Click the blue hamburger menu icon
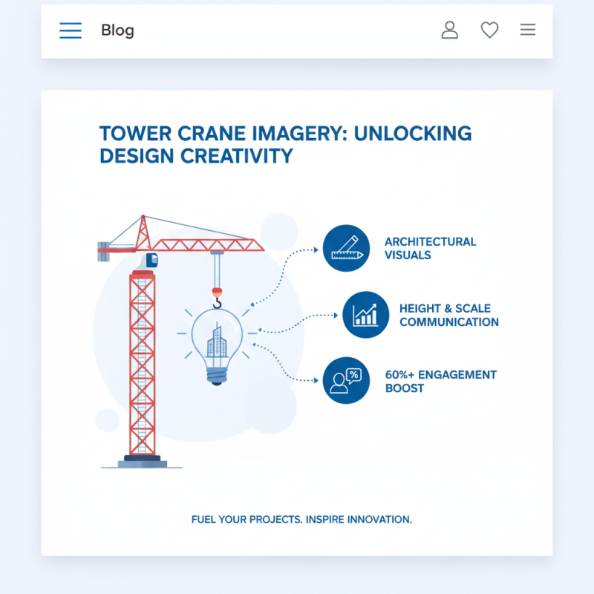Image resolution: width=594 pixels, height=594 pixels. [71, 30]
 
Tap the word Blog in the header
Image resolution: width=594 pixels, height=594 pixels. [117, 30]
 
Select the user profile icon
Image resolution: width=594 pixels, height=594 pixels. [449, 30]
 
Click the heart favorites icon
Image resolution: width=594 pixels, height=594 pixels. [489, 30]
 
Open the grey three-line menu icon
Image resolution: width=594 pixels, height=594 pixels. [528, 30]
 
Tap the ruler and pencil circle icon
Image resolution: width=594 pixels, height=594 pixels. [346, 248]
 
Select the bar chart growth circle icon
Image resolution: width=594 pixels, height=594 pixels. [365, 315]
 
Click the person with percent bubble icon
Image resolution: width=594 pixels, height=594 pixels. [346, 381]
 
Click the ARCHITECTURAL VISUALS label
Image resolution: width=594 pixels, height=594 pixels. [430, 248]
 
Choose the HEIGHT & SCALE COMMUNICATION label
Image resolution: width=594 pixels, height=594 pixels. [448, 315]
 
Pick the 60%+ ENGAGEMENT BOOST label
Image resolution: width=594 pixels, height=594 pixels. [440, 381]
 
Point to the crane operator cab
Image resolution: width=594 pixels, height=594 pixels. [150, 260]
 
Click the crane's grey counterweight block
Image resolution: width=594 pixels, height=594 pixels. [104, 249]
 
